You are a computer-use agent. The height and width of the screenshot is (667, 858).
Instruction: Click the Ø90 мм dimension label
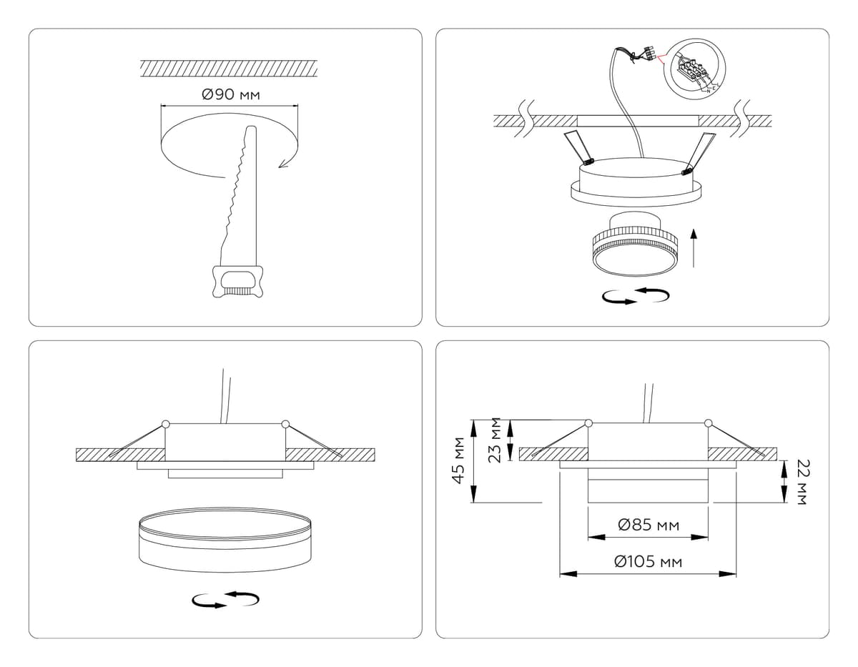pyautogui.click(x=230, y=95)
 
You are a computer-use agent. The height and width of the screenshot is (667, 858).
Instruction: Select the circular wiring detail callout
pyautogui.click(x=695, y=70)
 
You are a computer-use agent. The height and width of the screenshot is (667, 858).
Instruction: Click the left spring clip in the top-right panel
pyautogui.click(x=580, y=147)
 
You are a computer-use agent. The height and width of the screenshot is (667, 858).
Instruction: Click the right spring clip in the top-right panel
pyautogui.click(x=699, y=152)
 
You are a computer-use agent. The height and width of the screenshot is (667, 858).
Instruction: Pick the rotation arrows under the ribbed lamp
pyautogui.click(x=635, y=296)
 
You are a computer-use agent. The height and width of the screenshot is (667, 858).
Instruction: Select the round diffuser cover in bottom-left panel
pyautogui.click(x=225, y=540)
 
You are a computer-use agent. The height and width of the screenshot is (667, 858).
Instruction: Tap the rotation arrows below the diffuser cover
pyautogui.click(x=225, y=600)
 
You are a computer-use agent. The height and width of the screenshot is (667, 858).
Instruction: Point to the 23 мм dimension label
pyautogui.click(x=495, y=440)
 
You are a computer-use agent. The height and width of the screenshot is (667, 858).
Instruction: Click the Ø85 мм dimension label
pyautogui.click(x=648, y=525)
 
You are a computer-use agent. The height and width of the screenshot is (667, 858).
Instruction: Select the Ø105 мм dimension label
pyautogui.click(x=648, y=562)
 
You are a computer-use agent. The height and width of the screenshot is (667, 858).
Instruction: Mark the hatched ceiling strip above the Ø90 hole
pyautogui.click(x=228, y=69)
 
